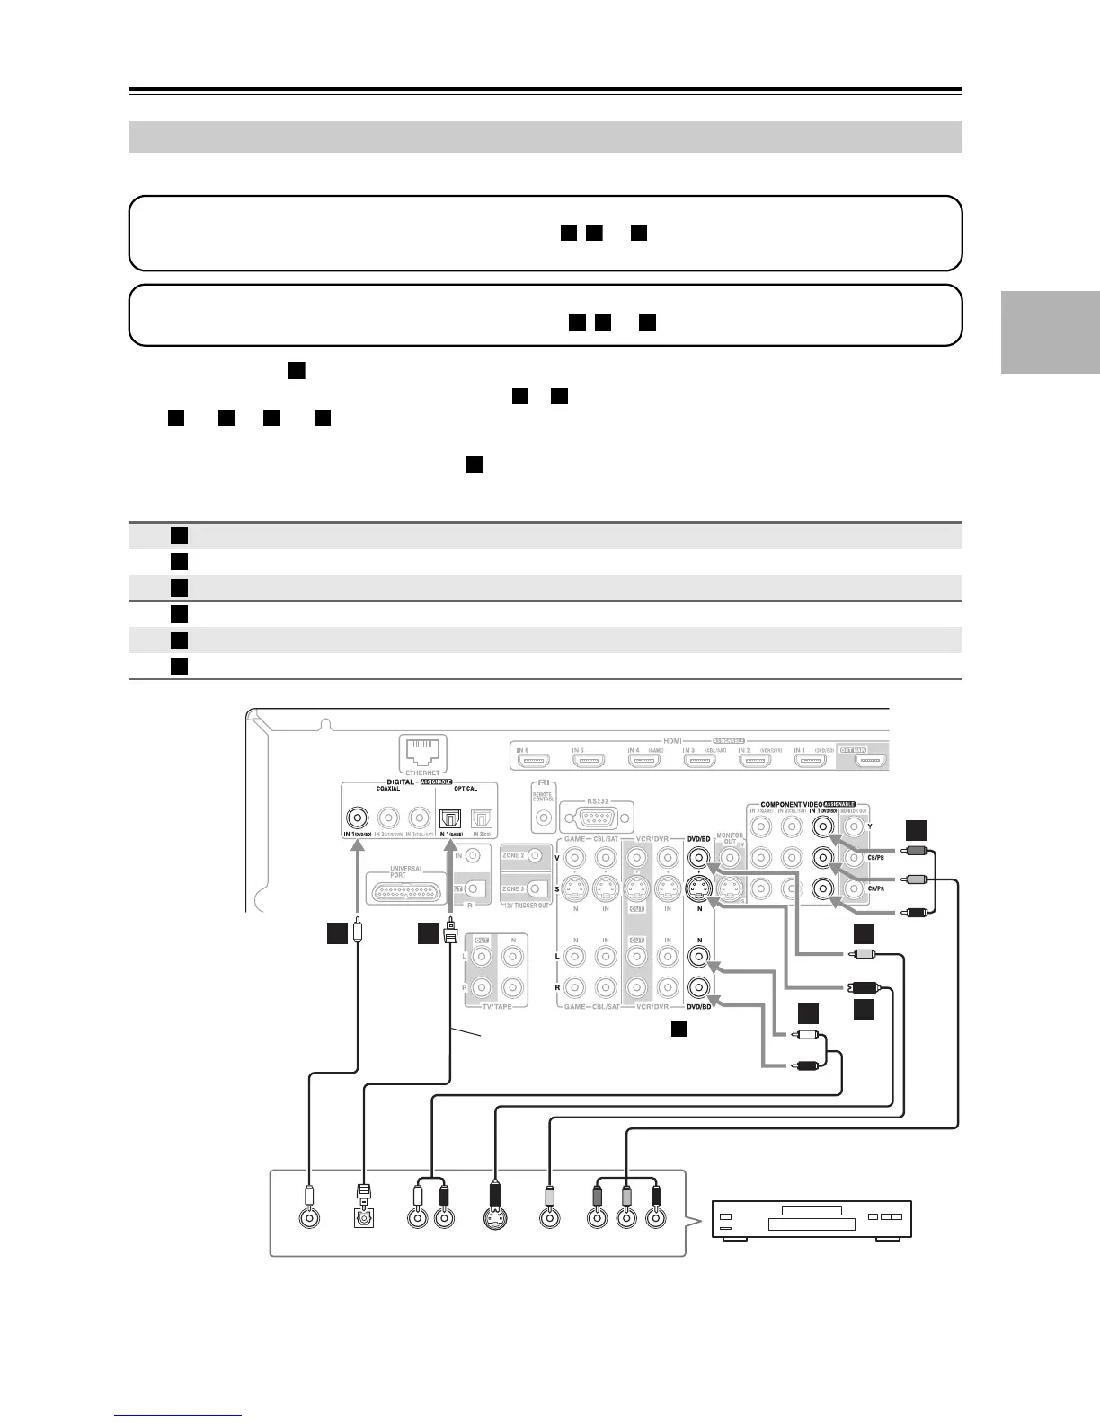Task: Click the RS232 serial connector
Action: coord(597,818)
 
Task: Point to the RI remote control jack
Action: coord(543,818)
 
